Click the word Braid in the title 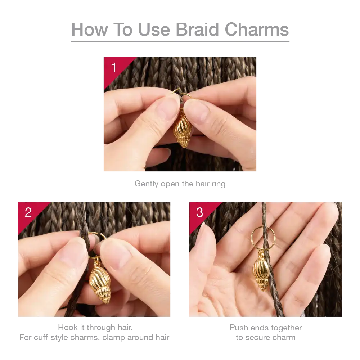(x=197, y=30)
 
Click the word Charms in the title (x=257, y=30)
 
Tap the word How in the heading (x=90, y=30)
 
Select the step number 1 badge (x=114, y=68)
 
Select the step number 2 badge (x=28, y=212)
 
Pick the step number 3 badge (x=199, y=212)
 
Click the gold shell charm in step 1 (x=182, y=130)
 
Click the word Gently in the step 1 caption (x=147, y=184)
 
